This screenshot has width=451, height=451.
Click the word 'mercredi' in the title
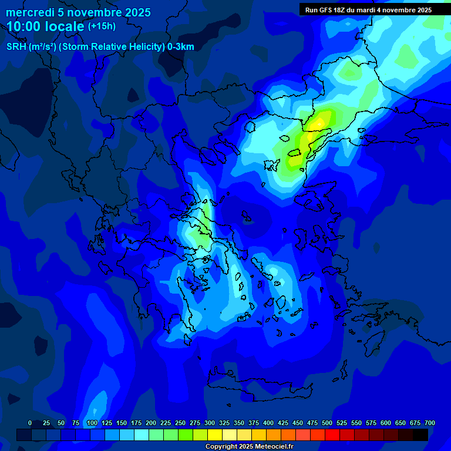pyautogui.click(x=29, y=12)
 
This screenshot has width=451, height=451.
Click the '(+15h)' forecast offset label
pyautogui.click(x=102, y=26)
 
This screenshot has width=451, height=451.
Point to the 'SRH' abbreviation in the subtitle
pyautogui.click(x=16, y=47)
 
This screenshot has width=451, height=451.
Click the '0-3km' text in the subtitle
pyautogui.click(x=181, y=47)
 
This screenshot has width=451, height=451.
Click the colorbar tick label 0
pyautogui.click(x=30, y=423)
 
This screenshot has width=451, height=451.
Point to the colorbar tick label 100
pyautogui.click(x=92, y=423)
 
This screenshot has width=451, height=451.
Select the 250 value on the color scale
pyautogui.click(x=180, y=423)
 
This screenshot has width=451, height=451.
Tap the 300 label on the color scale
pyautogui.click(x=210, y=423)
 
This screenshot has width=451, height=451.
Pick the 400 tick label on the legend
pyautogui.click(x=268, y=423)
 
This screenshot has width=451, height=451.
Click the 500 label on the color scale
pyautogui.click(x=327, y=423)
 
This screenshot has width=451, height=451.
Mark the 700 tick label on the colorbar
pyautogui.click(x=430, y=423)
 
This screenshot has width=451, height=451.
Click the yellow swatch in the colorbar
pyautogui.click(x=215, y=435)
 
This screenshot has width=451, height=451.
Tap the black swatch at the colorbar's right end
pyautogui.click(x=420, y=435)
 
